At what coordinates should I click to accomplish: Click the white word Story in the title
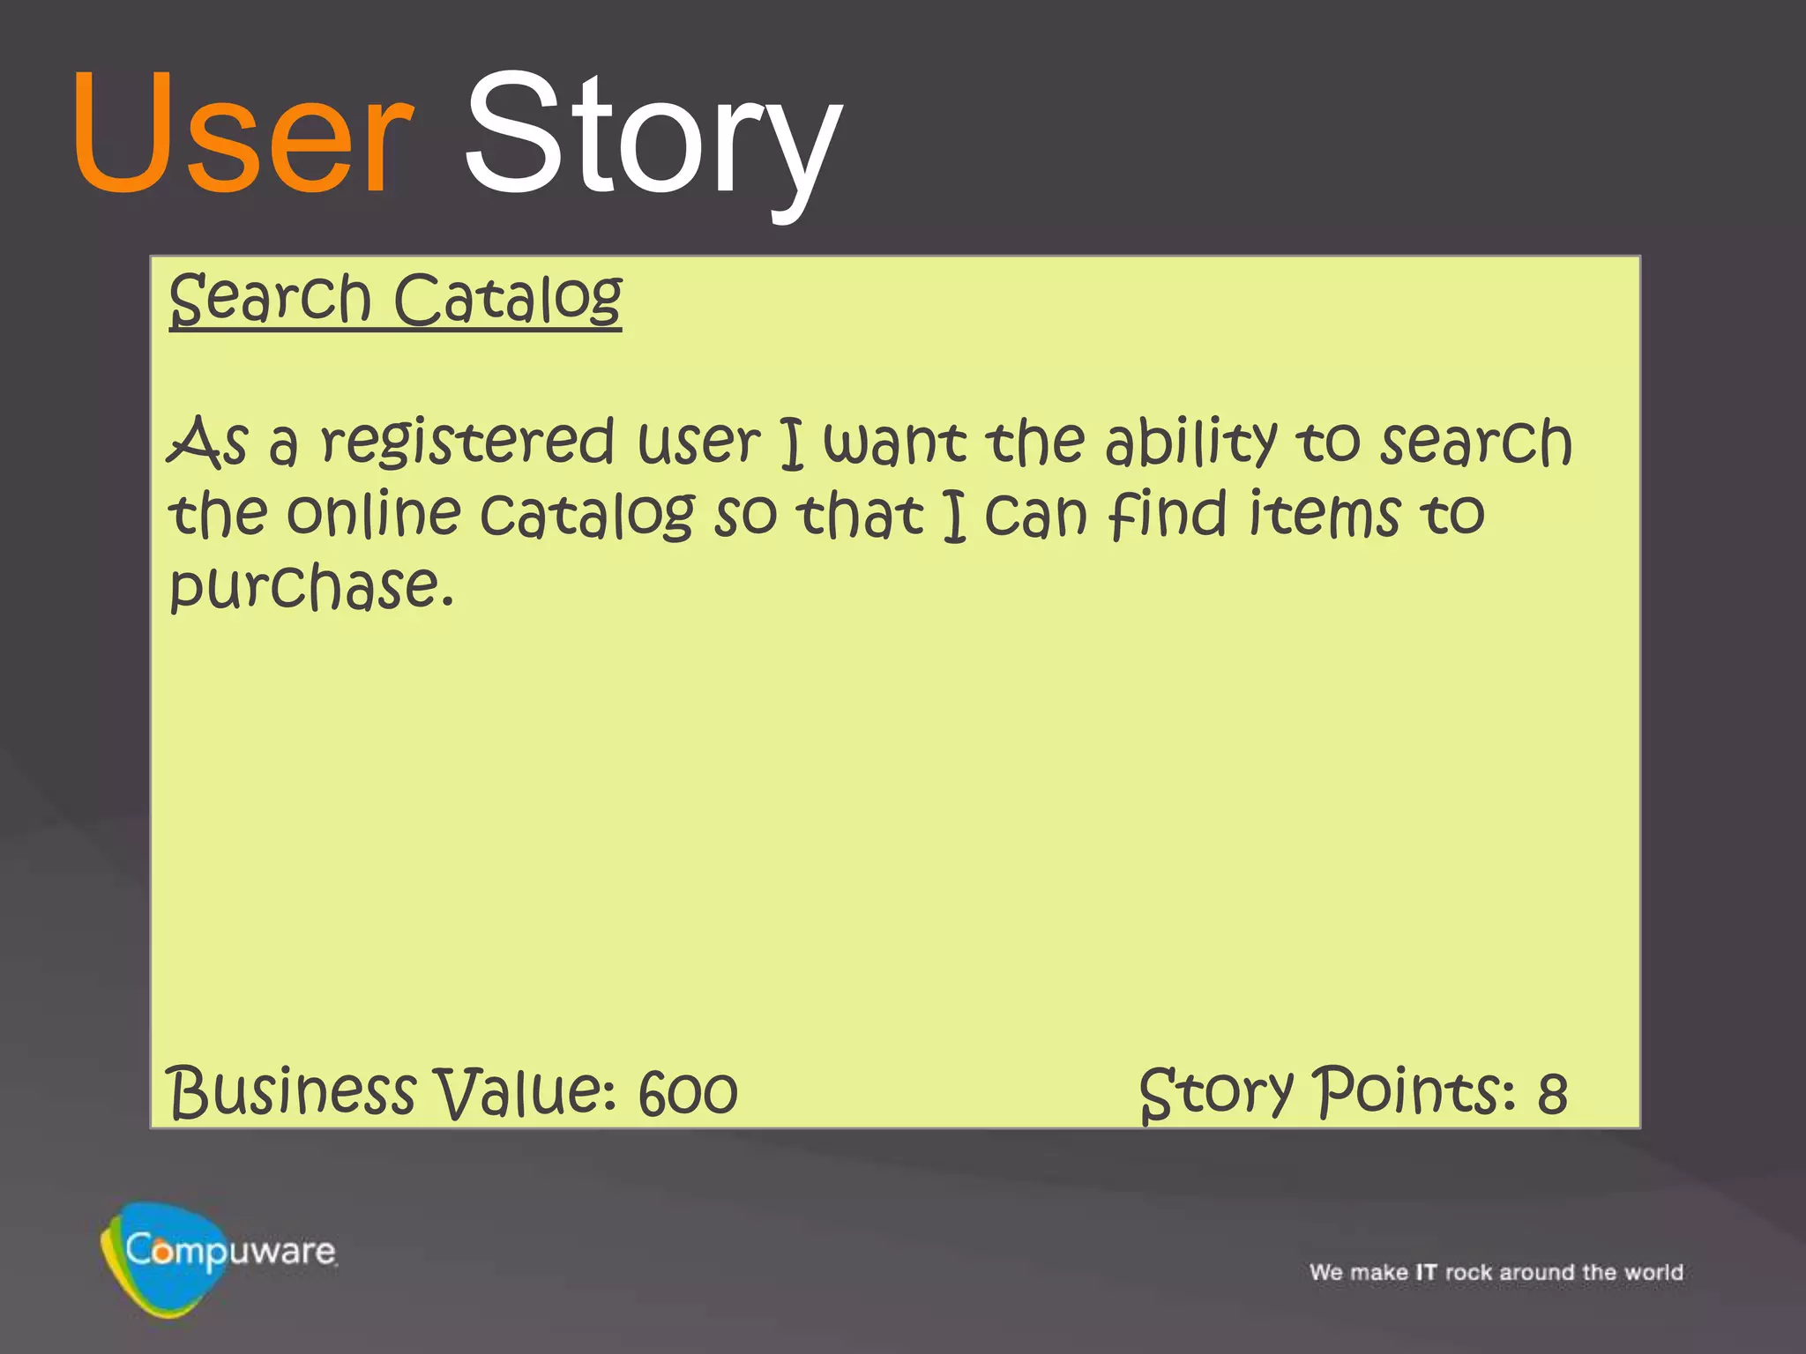[653, 137]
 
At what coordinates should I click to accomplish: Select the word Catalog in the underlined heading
[508, 300]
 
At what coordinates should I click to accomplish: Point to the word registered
[467, 443]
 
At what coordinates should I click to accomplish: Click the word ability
[1190, 443]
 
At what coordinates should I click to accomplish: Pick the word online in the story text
[374, 515]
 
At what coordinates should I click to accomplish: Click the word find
[1168, 515]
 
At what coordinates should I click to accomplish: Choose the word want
[894, 443]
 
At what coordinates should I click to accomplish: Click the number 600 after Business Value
[688, 1094]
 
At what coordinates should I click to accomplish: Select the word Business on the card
[291, 1093]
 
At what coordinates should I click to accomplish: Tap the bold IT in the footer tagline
[1426, 1272]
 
